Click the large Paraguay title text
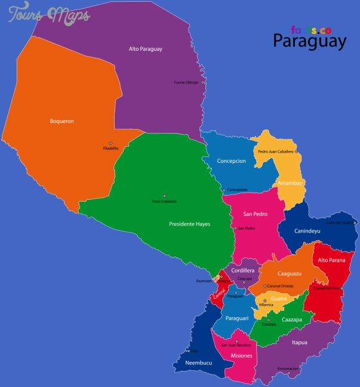coord(309,41)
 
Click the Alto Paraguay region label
coord(146,49)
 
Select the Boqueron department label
coord(61,121)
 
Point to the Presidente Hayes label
coord(189,224)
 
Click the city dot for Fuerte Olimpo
coord(203,82)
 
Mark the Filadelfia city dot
coord(110,143)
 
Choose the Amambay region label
coord(290,182)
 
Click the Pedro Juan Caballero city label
coord(276,151)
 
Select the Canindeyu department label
coord(307,230)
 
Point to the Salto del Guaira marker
coord(355,222)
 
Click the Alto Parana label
coord(331,260)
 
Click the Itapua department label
coord(300,342)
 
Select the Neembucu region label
coord(199,363)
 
